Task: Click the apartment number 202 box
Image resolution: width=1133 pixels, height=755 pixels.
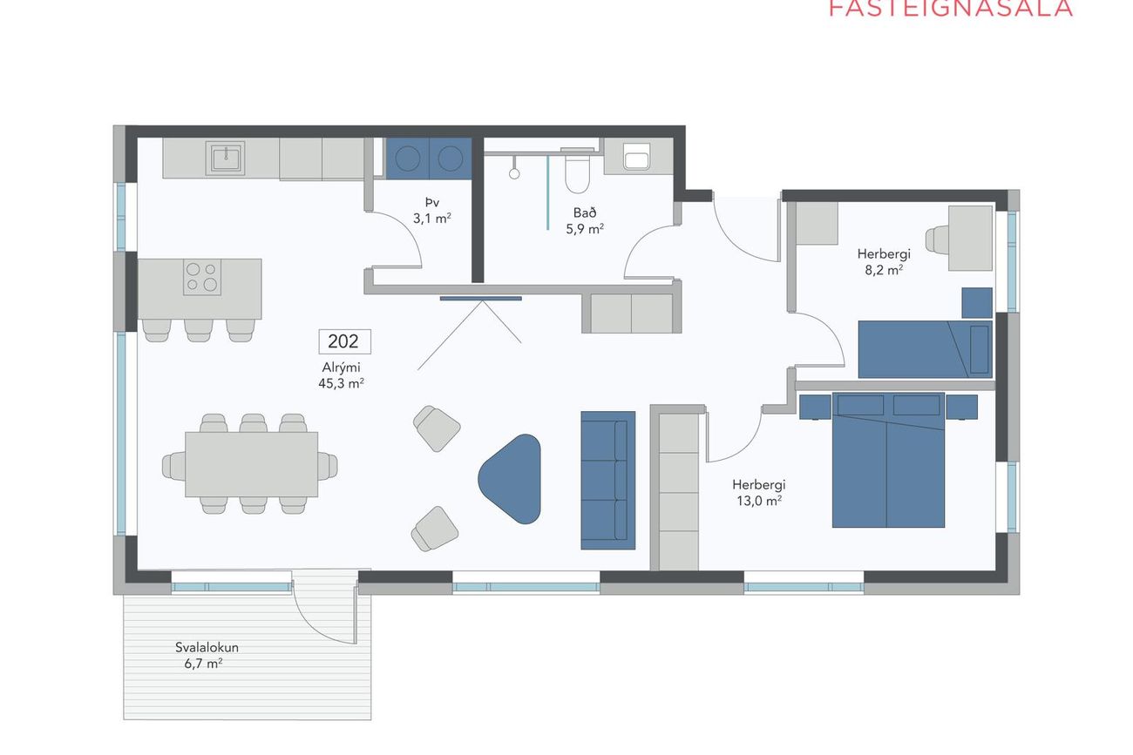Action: [x=344, y=341]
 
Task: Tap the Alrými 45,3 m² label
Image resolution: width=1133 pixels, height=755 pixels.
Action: [x=342, y=375]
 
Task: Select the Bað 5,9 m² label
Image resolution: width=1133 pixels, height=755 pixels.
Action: [x=585, y=221]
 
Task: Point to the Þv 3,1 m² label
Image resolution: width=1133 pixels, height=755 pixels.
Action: [x=432, y=211]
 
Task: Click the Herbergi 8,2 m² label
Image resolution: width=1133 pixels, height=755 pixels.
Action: [x=884, y=262]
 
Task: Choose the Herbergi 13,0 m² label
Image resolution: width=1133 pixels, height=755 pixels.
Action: [x=759, y=493]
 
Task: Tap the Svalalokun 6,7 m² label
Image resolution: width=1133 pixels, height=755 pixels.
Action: [x=207, y=656]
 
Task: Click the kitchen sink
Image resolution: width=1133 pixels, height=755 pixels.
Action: [x=225, y=158]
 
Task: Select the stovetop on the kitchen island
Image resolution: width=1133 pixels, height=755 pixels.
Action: [x=202, y=277]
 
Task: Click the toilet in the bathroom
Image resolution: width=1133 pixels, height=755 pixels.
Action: [x=577, y=171]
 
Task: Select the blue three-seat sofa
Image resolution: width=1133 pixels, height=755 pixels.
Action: [x=608, y=480]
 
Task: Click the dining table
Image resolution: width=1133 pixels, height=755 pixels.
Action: [x=251, y=464]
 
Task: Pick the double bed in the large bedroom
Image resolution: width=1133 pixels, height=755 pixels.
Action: [x=888, y=460]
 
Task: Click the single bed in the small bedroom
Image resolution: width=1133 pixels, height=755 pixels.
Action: [x=925, y=349]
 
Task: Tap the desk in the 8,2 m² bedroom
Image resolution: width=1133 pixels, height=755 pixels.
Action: [x=970, y=238]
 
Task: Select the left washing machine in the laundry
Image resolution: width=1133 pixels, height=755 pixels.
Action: [x=408, y=158]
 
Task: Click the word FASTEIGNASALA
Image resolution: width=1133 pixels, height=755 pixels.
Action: [x=951, y=9]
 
